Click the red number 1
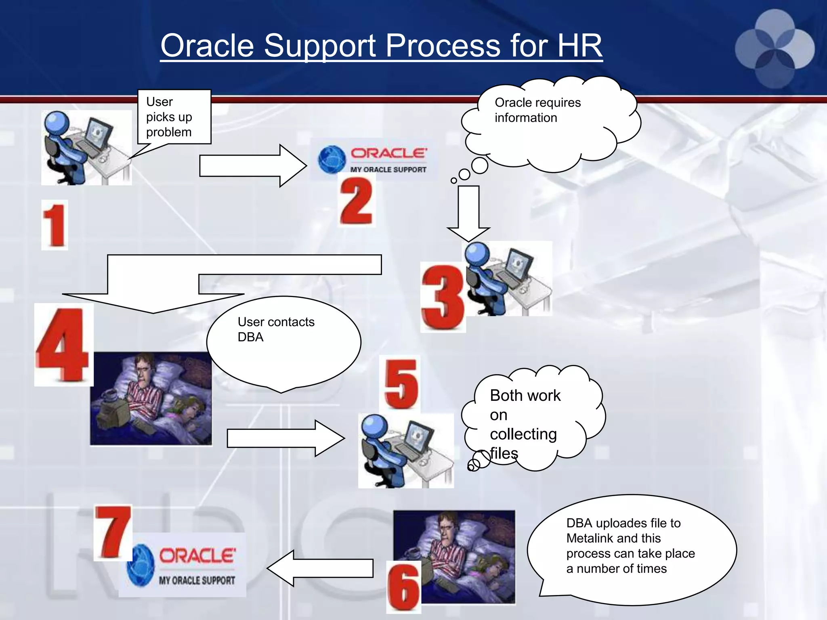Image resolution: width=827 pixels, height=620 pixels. (x=55, y=225)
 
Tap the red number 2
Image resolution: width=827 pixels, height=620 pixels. (x=356, y=201)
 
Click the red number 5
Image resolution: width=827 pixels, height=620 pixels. (x=400, y=384)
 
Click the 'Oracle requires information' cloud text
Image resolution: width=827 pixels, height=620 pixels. (x=537, y=110)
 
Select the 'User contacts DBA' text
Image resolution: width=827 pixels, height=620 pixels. (x=276, y=329)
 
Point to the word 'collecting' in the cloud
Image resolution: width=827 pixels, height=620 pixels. (x=523, y=434)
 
